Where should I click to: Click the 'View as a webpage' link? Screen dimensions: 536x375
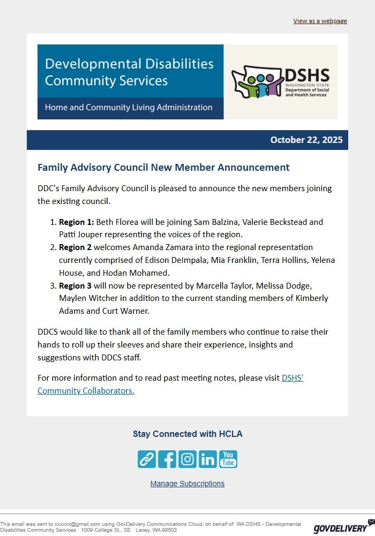pyautogui.click(x=320, y=21)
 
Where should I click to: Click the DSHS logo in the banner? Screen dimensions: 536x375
pyautogui.click(x=280, y=82)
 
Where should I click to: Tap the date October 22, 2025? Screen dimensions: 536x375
pyautogui.click(x=306, y=140)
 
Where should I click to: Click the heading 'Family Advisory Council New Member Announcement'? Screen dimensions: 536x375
pyautogui.click(x=163, y=168)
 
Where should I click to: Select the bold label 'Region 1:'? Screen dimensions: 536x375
pyautogui.click(x=76, y=222)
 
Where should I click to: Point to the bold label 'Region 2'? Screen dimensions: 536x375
pyautogui.click(x=75, y=247)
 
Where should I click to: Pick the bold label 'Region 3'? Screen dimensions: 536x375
pyautogui.click(x=75, y=285)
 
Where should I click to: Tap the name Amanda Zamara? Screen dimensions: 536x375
pyautogui.click(x=158, y=247)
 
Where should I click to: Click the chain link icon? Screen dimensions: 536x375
pyautogui.click(x=147, y=459)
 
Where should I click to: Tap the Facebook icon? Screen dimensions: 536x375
pyautogui.click(x=167, y=459)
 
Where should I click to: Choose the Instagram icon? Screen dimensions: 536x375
pyautogui.click(x=187, y=459)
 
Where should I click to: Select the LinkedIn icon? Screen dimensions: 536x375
pyautogui.click(x=208, y=459)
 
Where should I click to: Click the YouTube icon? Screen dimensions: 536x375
pyautogui.click(x=228, y=459)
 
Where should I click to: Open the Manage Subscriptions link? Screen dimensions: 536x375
pyautogui.click(x=187, y=484)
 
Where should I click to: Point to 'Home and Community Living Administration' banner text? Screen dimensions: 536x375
pyautogui.click(x=129, y=108)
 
